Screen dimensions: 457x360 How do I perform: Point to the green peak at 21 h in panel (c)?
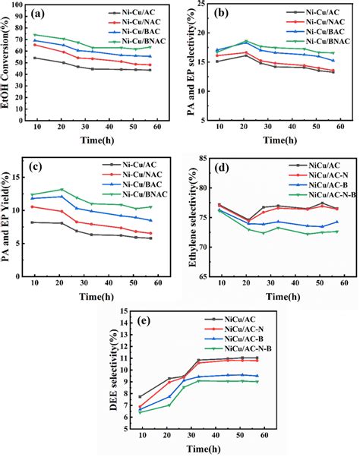pyautogui.click(x=62, y=190)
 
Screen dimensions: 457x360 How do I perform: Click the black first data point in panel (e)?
pyautogui.click(x=140, y=396)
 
